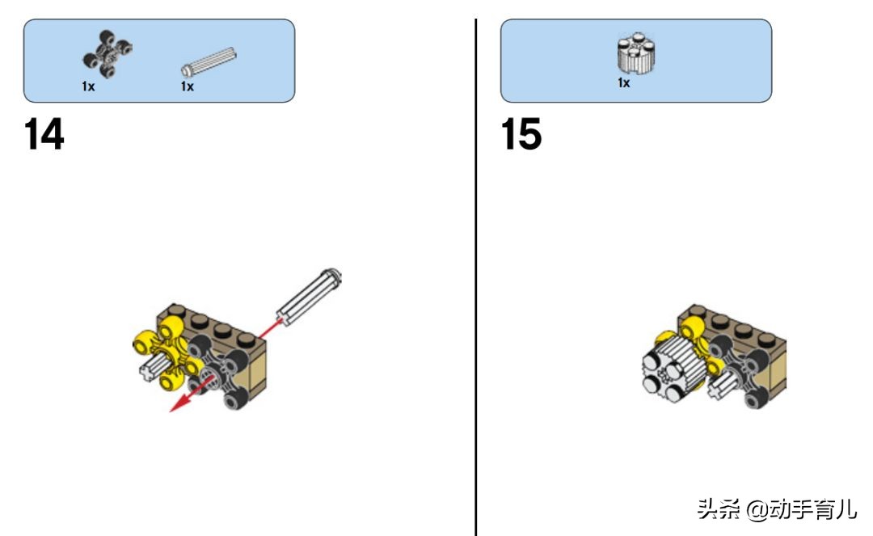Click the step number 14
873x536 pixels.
pyautogui.click(x=44, y=134)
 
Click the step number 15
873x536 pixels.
pyautogui.click(x=521, y=134)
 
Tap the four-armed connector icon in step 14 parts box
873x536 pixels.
pyautogui.click(x=108, y=54)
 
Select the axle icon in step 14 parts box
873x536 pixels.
pyautogui.click(x=209, y=61)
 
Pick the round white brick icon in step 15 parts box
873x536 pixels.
pyautogui.click(x=636, y=53)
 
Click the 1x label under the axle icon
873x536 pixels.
pyautogui.click(x=187, y=87)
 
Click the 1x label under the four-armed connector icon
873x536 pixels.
pyautogui.click(x=88, y=87)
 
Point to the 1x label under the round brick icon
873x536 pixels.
pyautogui.click(x=623, y=83)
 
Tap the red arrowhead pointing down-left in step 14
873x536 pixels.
pyautogui.click(x=177, y=405)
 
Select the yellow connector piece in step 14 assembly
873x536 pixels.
pyautogui.click(x=166, y=352)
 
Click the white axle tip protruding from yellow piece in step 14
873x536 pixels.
pyautogui.click(x=150, y=371)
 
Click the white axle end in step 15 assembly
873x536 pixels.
pyautogui.click(x=723, y=385)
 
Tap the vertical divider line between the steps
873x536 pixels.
pyautogui.click(x=476, y=277)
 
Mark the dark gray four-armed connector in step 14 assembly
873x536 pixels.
pyautogui.click(x=220, y=372)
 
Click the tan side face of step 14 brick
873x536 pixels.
pyautogui.click(x=257, y=370)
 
